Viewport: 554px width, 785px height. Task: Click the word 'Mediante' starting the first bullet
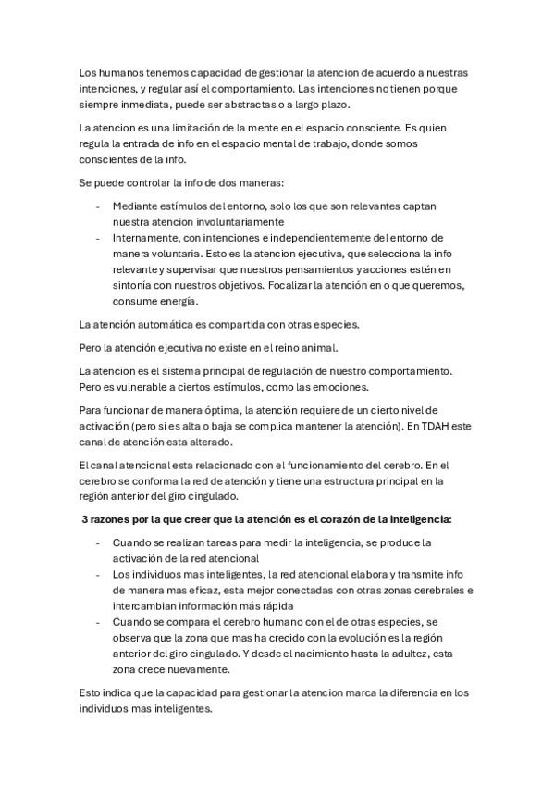(134, 206)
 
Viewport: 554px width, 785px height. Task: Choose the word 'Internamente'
(149, 238)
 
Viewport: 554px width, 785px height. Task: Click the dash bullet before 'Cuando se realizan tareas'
(98, 542)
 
